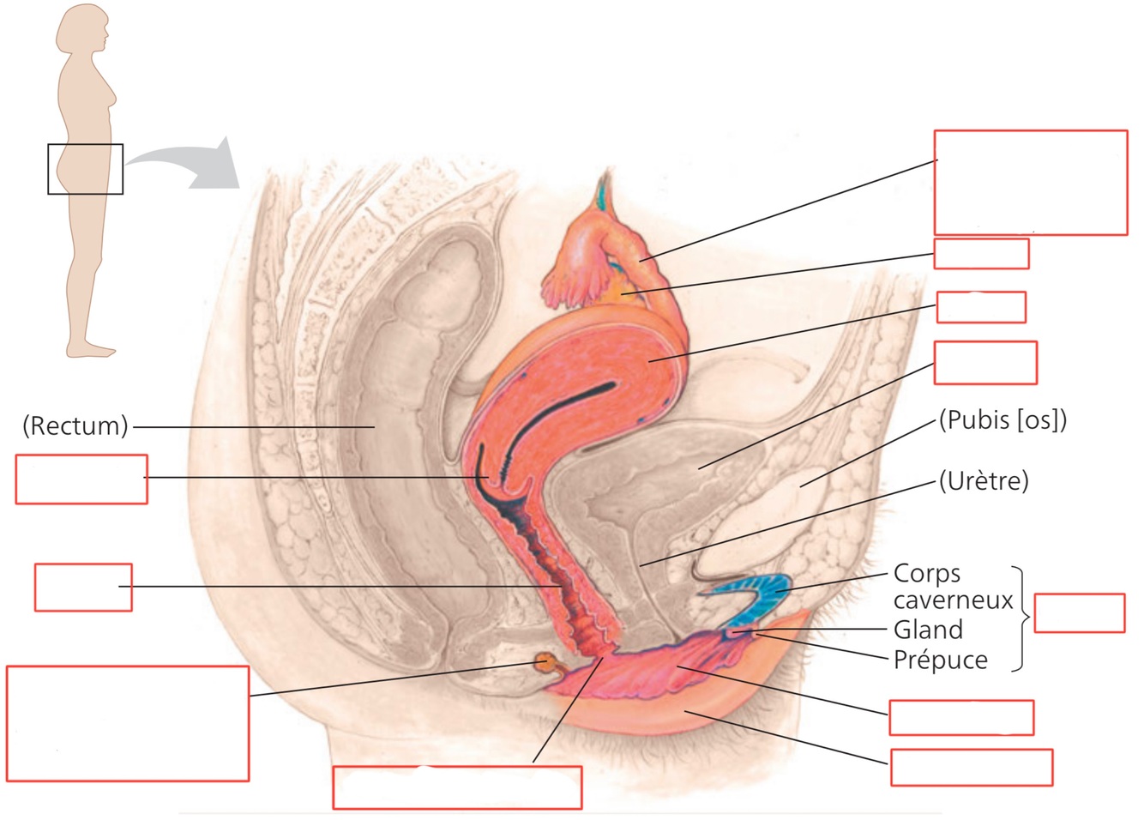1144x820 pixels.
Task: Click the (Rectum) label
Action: coord(75,425)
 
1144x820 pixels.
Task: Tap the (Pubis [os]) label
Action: coord(1003,420)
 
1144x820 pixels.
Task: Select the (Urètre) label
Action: coord(984,481)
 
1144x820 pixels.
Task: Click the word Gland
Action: coord(928,630)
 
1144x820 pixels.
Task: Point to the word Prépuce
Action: coord(941,660)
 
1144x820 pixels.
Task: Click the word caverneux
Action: coord(953,600)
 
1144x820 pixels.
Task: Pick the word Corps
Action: coord(927,573)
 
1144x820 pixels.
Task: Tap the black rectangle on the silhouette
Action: coord(85,169)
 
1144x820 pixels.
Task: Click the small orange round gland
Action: coord(545,662)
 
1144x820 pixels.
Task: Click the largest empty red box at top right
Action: coord(1030,182)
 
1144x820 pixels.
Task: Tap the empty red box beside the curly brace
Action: coord(1079,613)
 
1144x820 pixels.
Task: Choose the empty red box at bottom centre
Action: coord(457,787)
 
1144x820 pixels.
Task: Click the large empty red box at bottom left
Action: coord(128,723)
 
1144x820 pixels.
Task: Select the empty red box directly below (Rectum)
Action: coord(81,479)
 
